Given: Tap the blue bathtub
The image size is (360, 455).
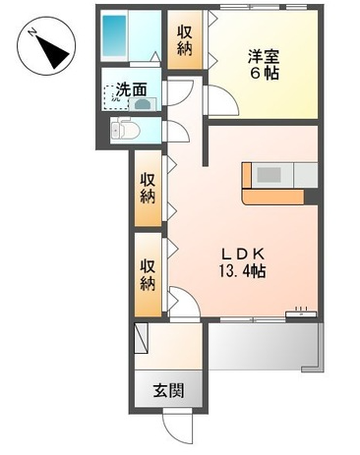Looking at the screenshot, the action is tap(114, 36).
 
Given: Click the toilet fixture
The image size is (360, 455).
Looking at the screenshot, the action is tap(125, 131).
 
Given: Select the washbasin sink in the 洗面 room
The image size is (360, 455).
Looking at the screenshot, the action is tap(143, 105).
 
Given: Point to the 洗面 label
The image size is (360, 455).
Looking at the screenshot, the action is tap(131, 89).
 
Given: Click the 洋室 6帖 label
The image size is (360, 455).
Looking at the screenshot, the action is tap(264, 65).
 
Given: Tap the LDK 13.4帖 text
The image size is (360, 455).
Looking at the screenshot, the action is tap(242, 262).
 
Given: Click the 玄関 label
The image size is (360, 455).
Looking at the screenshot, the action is tap(168, 390).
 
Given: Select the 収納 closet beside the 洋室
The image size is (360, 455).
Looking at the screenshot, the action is tap(185, 39).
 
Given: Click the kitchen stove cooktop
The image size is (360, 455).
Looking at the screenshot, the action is tap(269, 175).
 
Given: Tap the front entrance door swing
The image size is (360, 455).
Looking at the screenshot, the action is tap(176, 426).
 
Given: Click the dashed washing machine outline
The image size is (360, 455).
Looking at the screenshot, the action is tap(116, 97).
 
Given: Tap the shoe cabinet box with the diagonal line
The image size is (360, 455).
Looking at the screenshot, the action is tap(142, 338).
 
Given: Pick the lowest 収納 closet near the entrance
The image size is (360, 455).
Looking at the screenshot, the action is tap(149, 274).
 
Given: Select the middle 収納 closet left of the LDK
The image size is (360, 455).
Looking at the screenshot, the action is tap(149, 189).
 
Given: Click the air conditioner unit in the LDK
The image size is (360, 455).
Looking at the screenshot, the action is tap(301, 313).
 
